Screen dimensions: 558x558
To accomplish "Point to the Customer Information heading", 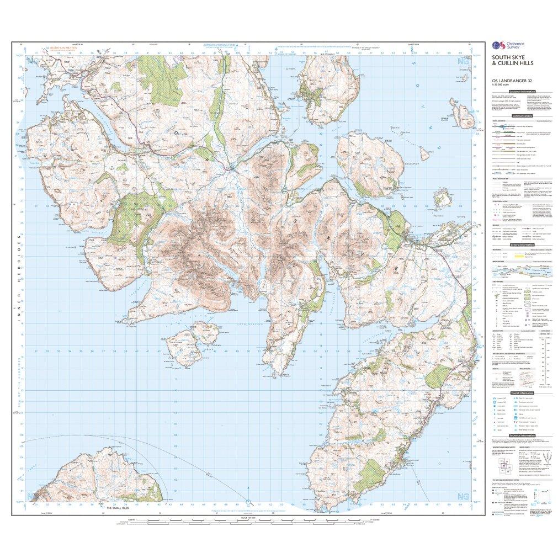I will point(522,91).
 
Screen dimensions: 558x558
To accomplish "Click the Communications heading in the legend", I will point(522,116).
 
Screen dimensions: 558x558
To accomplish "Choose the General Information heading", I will point(522,245).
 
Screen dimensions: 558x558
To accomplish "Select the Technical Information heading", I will point(522,435).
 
